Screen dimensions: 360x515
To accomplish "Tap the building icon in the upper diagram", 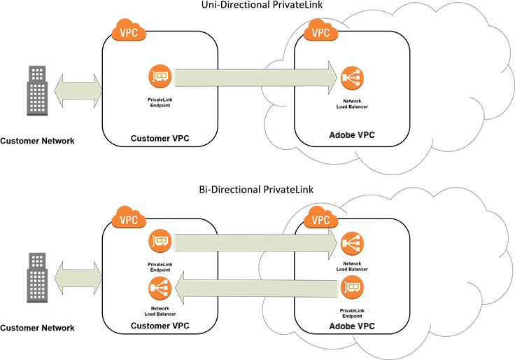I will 37,90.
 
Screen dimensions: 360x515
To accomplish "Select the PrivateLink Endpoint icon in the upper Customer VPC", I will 160,76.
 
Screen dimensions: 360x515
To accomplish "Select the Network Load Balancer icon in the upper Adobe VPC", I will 352,78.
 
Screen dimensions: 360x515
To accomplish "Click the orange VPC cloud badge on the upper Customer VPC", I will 128,32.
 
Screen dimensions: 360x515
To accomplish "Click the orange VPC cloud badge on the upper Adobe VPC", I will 320,32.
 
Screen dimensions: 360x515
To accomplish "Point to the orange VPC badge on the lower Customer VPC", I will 128,218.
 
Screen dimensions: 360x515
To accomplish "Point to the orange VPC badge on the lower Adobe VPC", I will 320,219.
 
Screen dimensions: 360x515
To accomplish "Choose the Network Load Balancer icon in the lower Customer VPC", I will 160,289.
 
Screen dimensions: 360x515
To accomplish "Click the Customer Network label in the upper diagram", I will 37,141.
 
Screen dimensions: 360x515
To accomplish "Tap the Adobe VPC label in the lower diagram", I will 352,326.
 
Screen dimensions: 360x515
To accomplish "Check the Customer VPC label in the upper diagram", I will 160,138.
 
